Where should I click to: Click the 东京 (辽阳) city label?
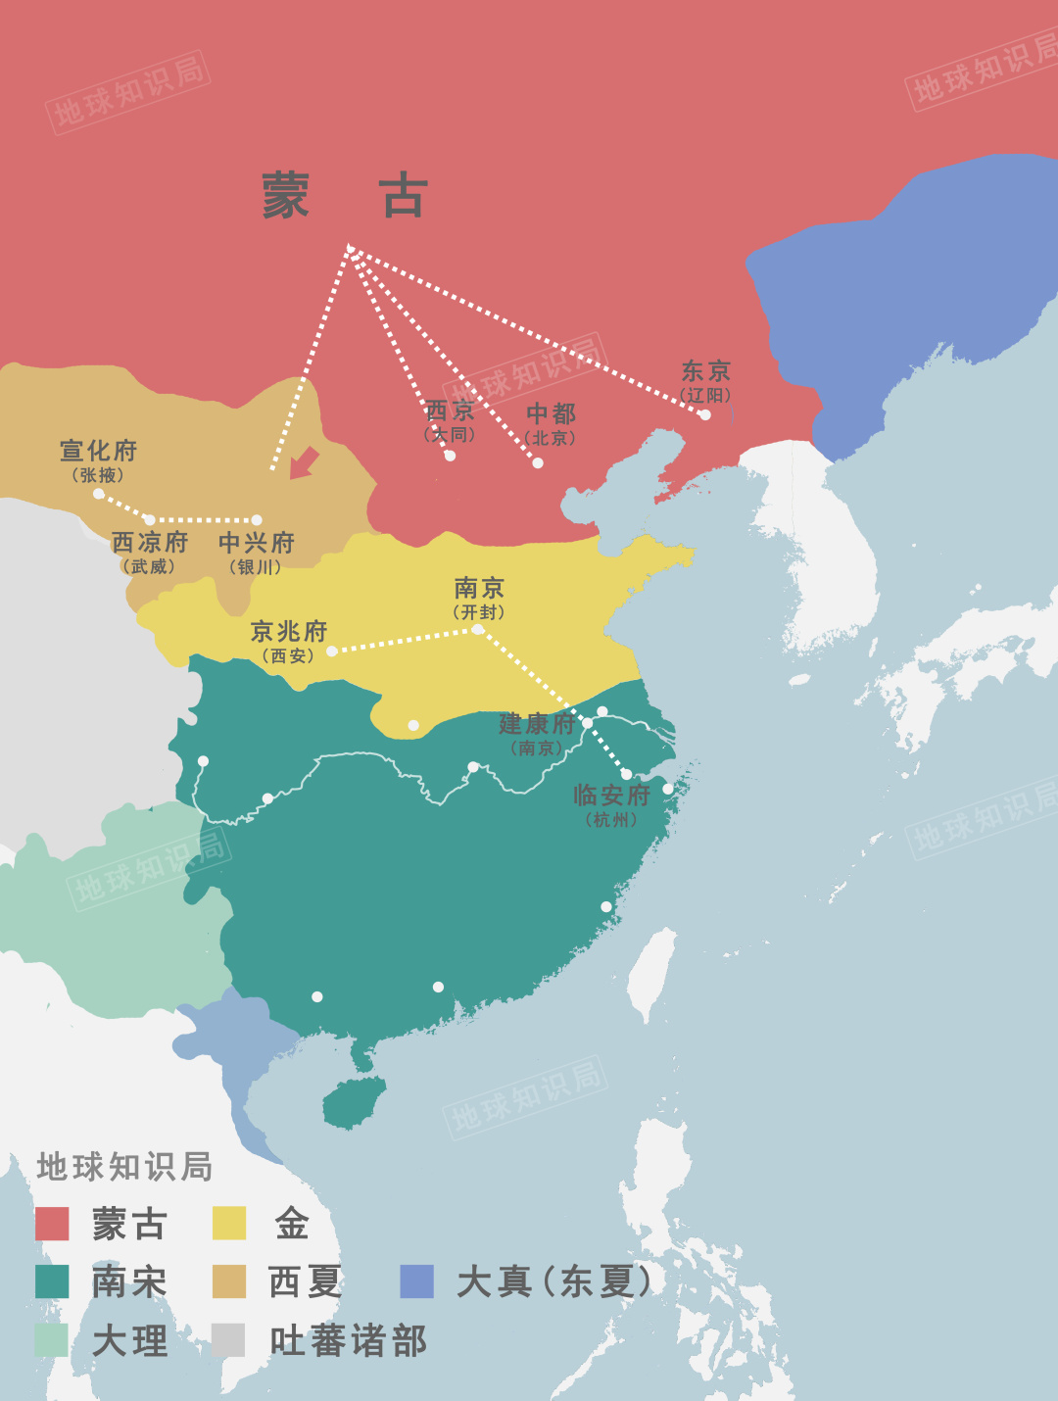[x=706, y=380]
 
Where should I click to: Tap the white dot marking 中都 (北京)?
[x=538, y=462]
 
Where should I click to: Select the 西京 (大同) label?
[x=450, y=419]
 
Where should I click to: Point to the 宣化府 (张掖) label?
[x=98, y=459]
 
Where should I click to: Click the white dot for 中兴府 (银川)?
[x=257, y=520]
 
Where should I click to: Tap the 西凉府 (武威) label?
[x=149, y=552]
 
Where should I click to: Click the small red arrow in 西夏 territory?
[x=305, y=462]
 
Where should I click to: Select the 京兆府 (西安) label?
[x=288, y=641]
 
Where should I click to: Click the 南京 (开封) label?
[x=479, y=598]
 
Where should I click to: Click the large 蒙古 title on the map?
[x=344, y=196]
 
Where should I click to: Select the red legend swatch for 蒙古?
[x=52, y=1224]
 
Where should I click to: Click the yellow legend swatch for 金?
[x=229, y=1224]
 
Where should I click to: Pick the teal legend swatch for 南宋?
[x=52, y=1281]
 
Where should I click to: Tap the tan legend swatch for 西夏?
[x=229, y=1281]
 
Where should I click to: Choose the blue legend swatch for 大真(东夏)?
[x=417, y=1281]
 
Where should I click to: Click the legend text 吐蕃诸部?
[x=348, y=1341]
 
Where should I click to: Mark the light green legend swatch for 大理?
[x=52, y=1340]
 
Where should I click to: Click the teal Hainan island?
[x=353, y=1103]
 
